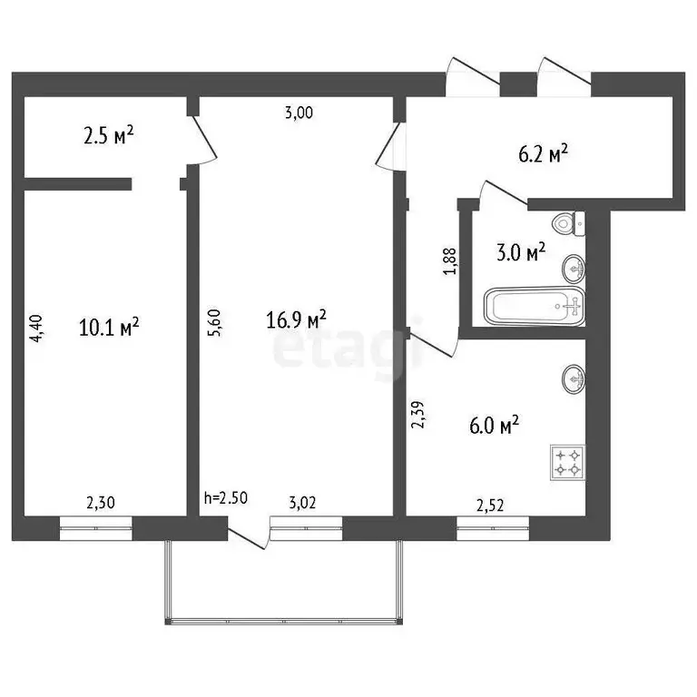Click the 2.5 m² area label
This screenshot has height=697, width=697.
point(109,137)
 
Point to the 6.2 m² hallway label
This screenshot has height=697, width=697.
point(543,154)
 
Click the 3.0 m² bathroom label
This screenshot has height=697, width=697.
point(520,251)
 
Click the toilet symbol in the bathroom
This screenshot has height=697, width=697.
point(568,223)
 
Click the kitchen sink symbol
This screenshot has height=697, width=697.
point(574,378)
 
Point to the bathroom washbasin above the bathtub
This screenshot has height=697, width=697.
point(574,268)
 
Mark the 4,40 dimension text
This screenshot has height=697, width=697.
point(36,328)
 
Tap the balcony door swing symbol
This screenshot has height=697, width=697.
point(249,535)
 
